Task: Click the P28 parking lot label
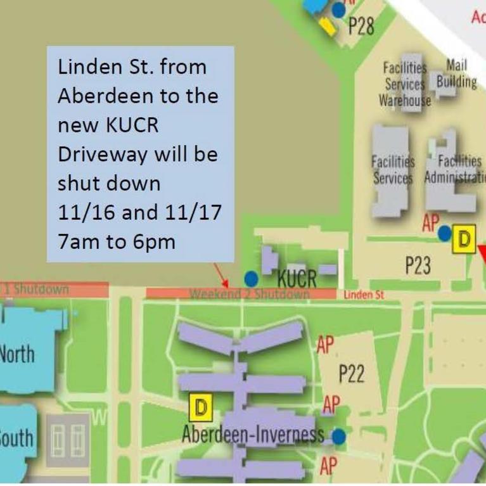point(362,27)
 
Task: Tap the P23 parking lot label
point(418,267)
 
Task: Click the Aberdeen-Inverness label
point(253,435)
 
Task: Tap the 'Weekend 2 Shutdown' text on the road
point(250,294)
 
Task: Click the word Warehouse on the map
point(405,100)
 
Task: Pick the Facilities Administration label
point(454,170)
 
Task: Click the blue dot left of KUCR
point(252,278)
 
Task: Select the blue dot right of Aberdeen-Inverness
point(339,437)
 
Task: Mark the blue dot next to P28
point(339,10)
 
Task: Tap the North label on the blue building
point(17,353)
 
